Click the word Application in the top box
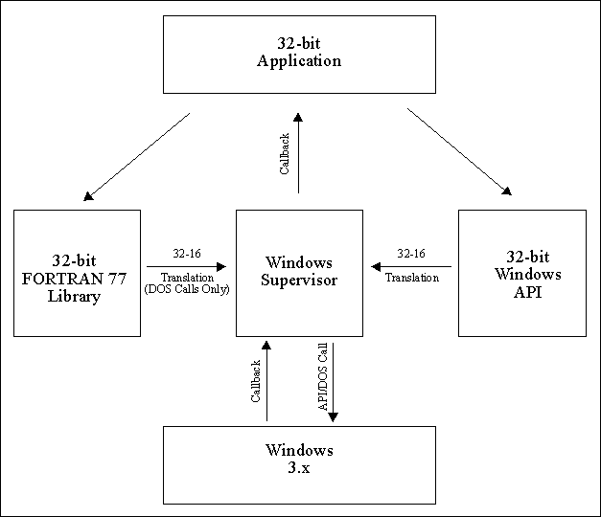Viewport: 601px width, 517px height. pyautogui.click(x=299, y=61)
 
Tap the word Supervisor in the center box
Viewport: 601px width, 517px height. pyautogui.click(x=299, y=280)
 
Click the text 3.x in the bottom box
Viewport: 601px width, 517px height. pyautogui.click(x=299, y=466)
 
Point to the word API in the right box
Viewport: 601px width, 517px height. pyautogui.click(x=521, y=292)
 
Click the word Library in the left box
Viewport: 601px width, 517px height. pyautogui.click(x=77, y=296)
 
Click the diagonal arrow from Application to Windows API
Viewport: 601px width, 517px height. pyautogui.click(x=458, y=152)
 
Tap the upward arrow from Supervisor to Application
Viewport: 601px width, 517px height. pyautogui.click(x=298, y=153)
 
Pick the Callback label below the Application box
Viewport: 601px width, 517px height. pyautogui.click(x=285, y=154)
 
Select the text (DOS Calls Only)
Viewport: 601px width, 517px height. pyautogui.click(x=186, y=289)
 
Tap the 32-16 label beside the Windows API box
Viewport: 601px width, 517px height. pyautogui.click(x=411, y=254)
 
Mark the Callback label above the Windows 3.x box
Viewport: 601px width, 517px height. pyautogui.click(x=256, y=381)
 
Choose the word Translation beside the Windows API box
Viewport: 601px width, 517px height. pyautogui.click(x=411, y=278)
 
